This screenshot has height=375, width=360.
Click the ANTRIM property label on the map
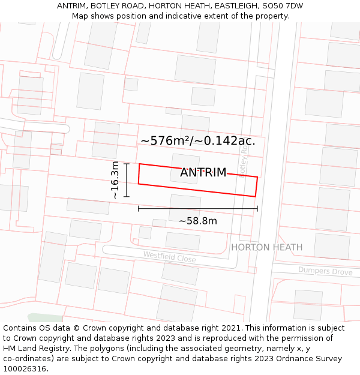[x=203, y=173]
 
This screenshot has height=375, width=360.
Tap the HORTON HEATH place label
[x=266, y=247]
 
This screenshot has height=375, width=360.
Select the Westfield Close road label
[x=169, y=257]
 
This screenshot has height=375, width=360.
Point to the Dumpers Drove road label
[x=325, y=271]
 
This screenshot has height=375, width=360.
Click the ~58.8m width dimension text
[x=198, y=221]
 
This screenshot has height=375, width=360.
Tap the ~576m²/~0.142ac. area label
[x=198, y=141]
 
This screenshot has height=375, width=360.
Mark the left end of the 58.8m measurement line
[x=139, y=208]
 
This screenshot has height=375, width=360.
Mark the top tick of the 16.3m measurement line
[x=127, y=163]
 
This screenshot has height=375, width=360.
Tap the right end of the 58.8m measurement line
[x=257, y=208]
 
